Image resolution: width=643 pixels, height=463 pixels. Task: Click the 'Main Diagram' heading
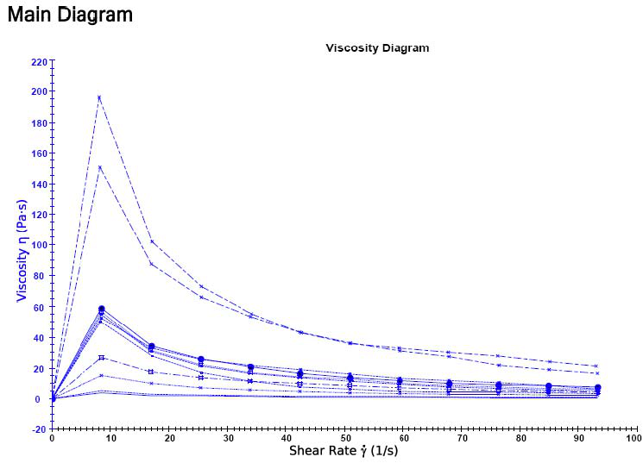point(70,15)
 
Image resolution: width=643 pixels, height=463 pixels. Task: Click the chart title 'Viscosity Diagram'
point(377,48)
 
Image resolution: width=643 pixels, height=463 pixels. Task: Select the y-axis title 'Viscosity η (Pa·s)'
point(22,245)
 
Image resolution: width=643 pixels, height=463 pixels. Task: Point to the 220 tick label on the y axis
point(39,61)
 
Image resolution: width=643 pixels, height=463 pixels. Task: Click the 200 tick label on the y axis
point(39,92)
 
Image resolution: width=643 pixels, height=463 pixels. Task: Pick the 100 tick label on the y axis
point(39,246)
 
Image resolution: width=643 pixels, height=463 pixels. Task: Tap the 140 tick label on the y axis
point(39,185)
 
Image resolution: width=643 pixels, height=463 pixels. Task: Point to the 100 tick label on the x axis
point(634,438)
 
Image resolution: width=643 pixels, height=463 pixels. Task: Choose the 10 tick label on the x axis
point(110,438)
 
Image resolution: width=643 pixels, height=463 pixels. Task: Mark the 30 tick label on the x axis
point(228,438)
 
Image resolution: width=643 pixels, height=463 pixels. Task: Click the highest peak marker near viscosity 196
point(99,97)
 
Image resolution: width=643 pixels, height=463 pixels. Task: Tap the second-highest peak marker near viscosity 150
point(99,167)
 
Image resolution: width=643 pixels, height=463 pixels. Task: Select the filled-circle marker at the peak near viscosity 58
point(102,309)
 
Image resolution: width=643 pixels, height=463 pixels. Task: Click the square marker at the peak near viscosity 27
point(102,357)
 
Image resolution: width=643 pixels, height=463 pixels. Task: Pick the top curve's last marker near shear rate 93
point(596,366)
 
